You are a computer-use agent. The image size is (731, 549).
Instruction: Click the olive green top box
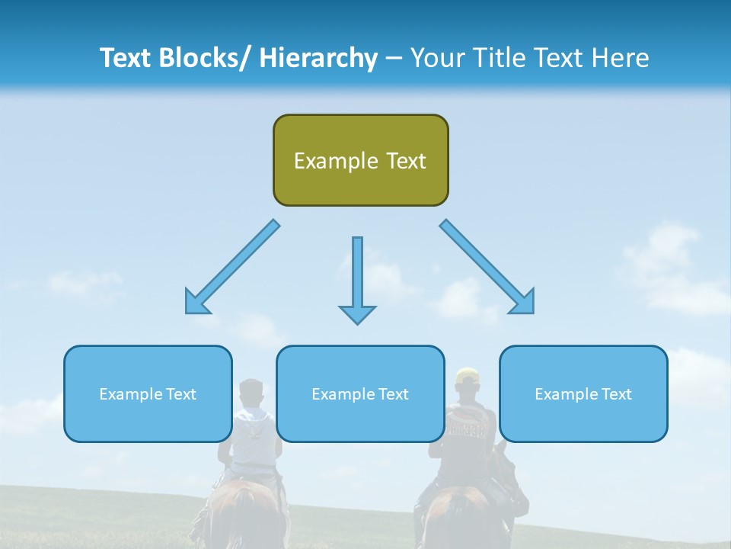pos(360,160)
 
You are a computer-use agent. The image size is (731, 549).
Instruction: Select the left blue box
pos(148,393)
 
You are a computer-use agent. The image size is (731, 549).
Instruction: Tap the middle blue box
pos(360,393)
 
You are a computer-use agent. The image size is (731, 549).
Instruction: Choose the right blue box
pos(583,393)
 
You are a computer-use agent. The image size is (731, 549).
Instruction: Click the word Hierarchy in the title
pos(318,58)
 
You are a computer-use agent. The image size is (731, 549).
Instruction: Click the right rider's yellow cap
pos(465,374)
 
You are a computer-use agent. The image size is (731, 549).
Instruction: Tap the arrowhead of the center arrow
pos(357,313)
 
